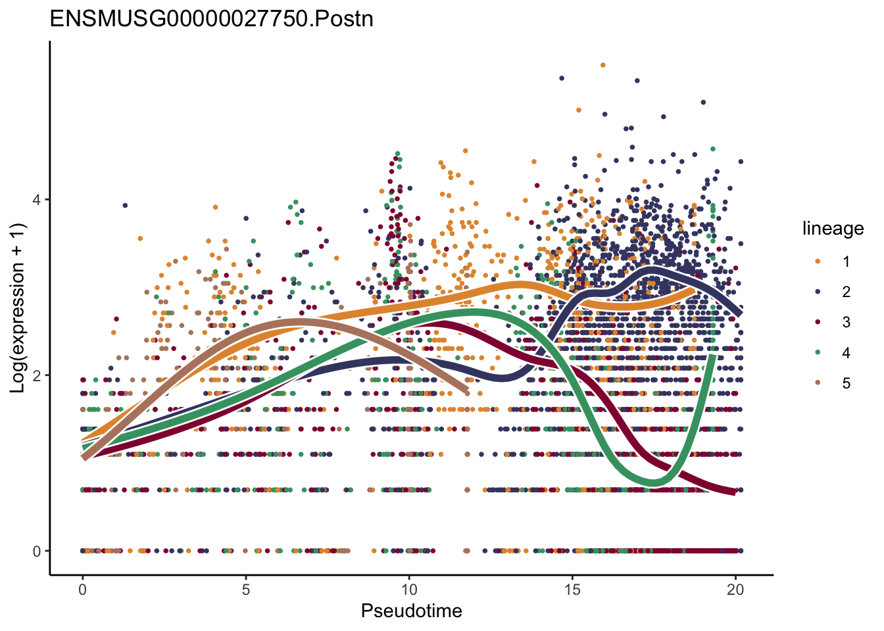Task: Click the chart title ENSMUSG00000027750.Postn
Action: [212, 18]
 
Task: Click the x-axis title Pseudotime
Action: [411, 611]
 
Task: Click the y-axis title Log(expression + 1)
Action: [18, 308]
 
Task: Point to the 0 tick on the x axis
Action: [82, 590]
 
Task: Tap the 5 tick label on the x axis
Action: [245, 590]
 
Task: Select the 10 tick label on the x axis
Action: [408, 590]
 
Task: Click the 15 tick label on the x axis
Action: [572, 590]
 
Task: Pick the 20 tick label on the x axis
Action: [735, 590]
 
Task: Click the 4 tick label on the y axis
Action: [37, 200]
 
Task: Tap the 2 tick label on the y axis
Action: [37, 375]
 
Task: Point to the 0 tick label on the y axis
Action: [37, 551]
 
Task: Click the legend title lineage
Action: [833, 229]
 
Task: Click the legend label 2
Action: [846, 292]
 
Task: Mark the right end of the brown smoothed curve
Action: [466, 392]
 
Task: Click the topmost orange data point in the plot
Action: [602, 65]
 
